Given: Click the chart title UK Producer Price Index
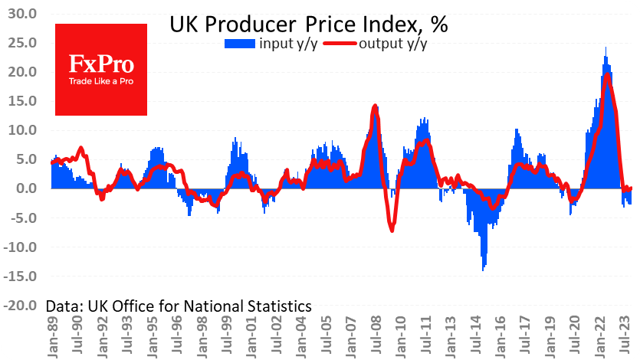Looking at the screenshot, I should point(308,24).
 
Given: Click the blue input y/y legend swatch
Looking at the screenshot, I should point(241,44).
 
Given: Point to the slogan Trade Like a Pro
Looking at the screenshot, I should point(100,81).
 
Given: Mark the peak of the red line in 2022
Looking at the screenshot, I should point(607,75).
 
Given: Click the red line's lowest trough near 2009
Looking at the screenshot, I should point(392,230).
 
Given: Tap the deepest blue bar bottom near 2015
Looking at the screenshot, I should point(483,270).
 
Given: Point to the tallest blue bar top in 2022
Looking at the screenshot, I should point(606,47).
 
